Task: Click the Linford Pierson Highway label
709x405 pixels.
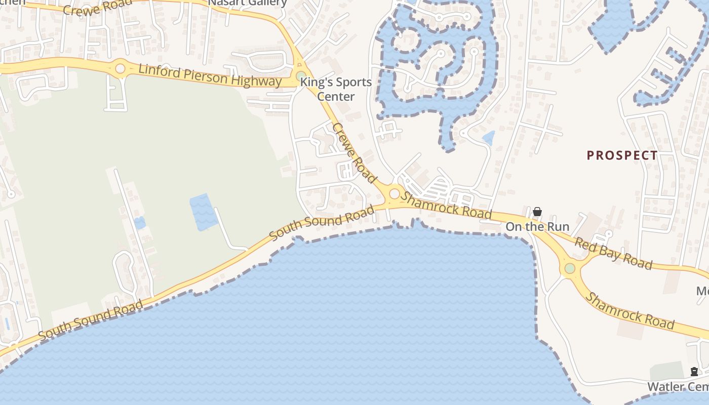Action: (210, 75)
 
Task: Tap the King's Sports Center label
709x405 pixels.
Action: (336, 89)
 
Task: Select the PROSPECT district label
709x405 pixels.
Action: (622, 155)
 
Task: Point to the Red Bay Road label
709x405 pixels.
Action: (613, 253)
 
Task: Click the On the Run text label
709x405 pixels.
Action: (537, 226)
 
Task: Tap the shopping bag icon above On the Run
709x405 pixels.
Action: (537, 212)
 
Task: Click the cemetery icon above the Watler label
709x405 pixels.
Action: (694, 372)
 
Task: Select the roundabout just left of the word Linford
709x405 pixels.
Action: (121, 68)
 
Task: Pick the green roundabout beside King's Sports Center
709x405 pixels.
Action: (300, 76)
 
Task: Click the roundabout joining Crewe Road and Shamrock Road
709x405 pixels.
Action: (394, 193)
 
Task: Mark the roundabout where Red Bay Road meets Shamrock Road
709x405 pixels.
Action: (570, 268)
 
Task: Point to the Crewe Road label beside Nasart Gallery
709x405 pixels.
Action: (97, 8)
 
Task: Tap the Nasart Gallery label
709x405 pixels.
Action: (248, 3)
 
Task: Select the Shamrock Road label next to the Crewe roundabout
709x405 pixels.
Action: (446, 205)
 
